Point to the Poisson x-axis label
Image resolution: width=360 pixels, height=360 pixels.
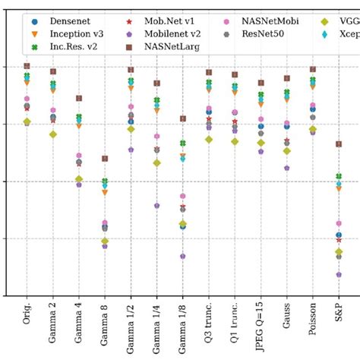[x=312, y=318]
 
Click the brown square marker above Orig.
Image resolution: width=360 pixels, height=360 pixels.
[x=27, y=66]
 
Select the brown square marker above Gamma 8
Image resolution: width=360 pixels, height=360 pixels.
[x=105, y=159]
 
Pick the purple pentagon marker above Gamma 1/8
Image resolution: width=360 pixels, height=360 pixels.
[x=183, y=256]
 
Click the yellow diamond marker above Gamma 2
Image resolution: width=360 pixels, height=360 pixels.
[x=53, y=134]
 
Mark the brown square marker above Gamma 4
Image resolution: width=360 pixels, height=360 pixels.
[x=79, y=98]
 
